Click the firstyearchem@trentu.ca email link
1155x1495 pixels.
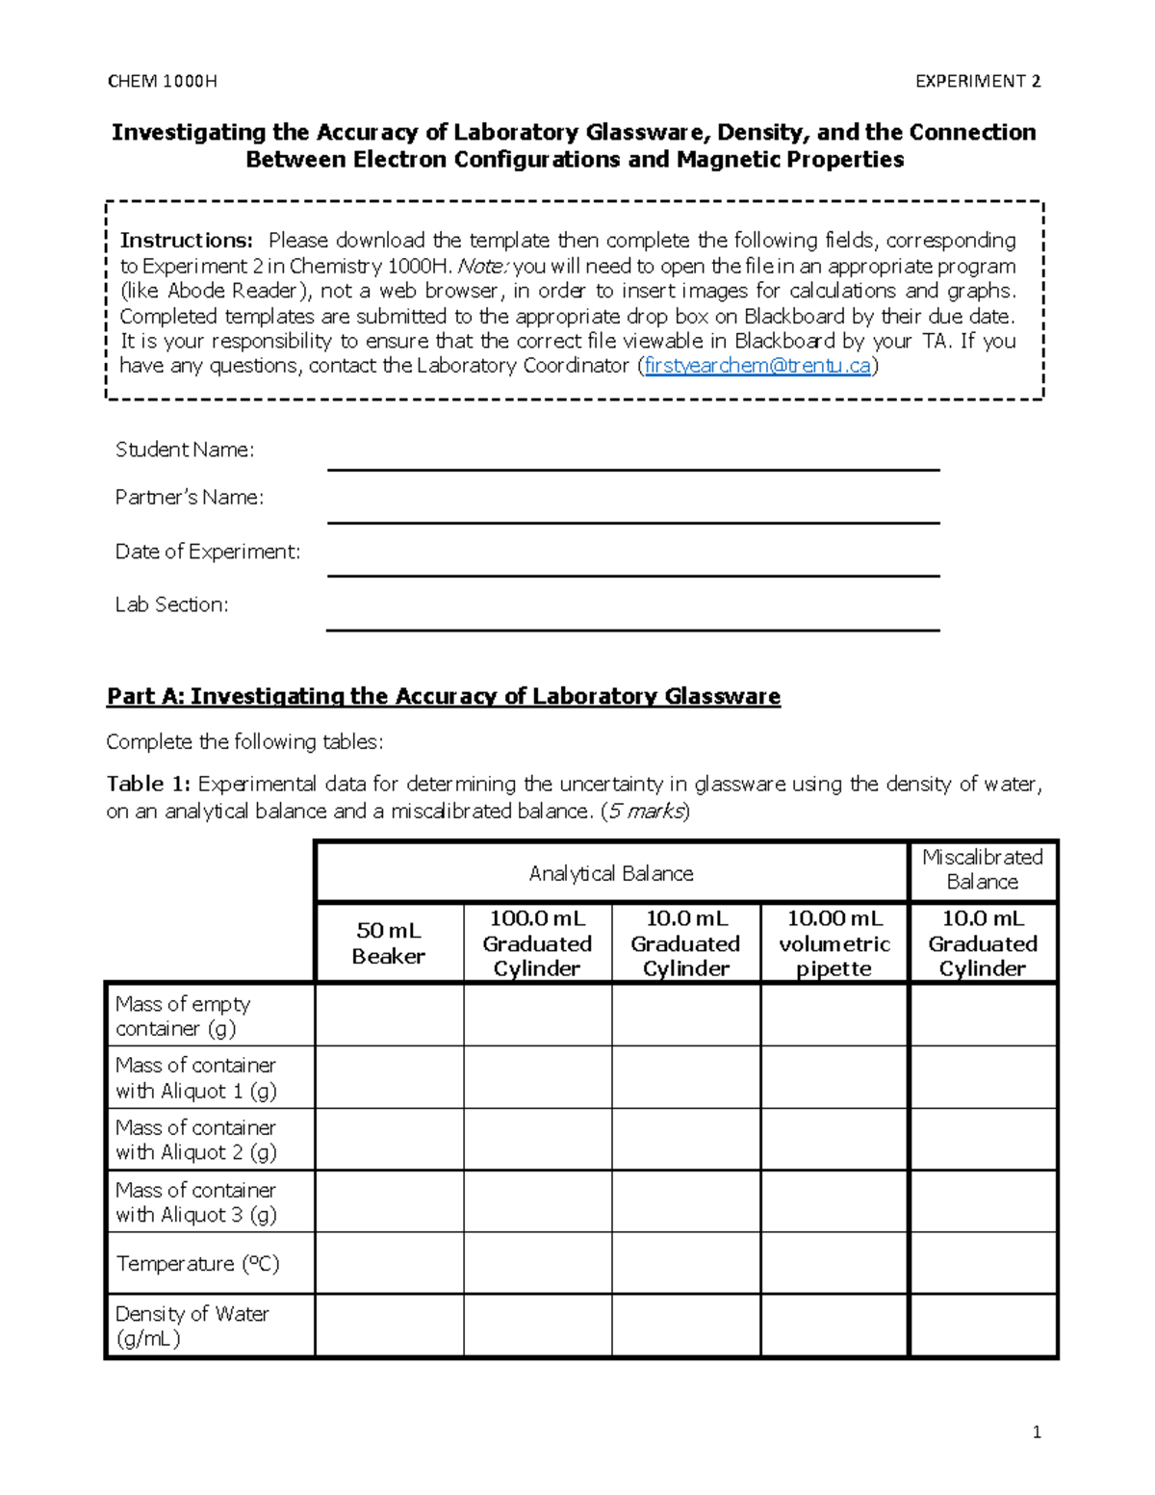tap(757, 366)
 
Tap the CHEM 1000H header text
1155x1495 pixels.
tap(162, 81)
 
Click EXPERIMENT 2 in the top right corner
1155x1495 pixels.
tap(977, 81)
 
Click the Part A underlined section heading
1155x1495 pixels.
tap(443, 696)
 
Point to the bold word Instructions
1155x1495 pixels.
tap(186, 240)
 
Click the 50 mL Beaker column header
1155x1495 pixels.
tap(389, 942)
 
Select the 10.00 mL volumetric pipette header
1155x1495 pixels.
tap(834, 942)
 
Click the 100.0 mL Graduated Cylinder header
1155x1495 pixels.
tap(537, 942)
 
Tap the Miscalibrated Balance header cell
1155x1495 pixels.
tap(982, 869)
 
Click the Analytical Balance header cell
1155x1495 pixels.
tap(611, 873)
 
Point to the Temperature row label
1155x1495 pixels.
tap(197, 1263)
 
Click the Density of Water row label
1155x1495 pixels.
tap(192, 1325)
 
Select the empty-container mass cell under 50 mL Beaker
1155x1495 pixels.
tap(389, 1015)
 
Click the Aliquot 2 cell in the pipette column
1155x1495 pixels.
tap(834, 1139)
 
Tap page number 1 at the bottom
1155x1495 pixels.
tap(1037, 1432)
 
